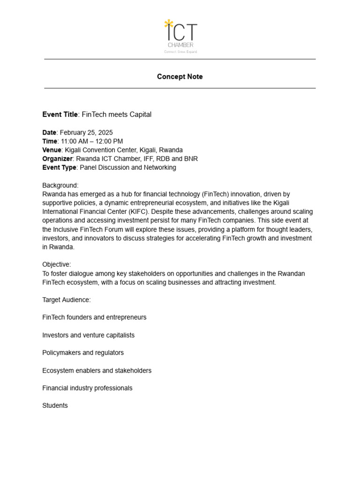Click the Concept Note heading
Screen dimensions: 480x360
[180, 77]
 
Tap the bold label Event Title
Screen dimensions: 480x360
[60, 115]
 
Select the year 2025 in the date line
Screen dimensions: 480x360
[105, 133]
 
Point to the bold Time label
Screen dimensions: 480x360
[49, 142]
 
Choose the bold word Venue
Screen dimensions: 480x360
[52, 150]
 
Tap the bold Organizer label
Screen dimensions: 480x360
[57, 159]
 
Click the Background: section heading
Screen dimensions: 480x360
[60, 186]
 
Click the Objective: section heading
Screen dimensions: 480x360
[57, 265]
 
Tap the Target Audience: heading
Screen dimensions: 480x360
[67, 300]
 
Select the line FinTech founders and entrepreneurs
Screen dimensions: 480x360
[94, 318]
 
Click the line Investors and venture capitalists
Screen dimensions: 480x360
[88, 336]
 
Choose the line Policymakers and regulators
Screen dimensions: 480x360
[83, 353]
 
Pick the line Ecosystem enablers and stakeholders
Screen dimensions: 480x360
[97, 371]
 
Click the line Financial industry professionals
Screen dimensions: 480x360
[87, 389]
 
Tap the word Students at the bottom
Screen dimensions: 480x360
[55, 406]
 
